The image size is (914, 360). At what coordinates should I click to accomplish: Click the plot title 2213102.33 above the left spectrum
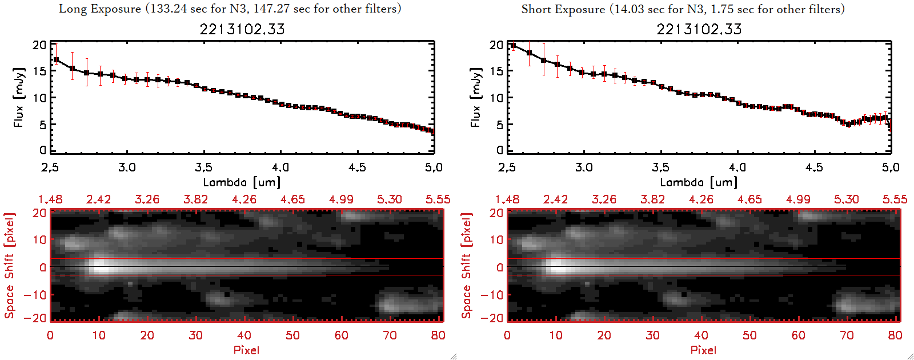click(x=242, y=29)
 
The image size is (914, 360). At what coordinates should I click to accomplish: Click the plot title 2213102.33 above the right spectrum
click(x=699, y=29)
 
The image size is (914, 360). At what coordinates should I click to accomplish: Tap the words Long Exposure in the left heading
click(x=100, y=9)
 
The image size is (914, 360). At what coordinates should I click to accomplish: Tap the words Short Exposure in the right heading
click(x=563, y=9)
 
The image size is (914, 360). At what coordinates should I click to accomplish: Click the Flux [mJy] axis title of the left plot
click(x=19, y=97)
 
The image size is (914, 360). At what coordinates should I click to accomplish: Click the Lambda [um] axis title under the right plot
click(x=699, y=182)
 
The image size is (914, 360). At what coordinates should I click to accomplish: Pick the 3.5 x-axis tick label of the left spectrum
click(x=203, y=167)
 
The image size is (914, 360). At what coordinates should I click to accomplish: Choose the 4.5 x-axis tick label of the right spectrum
click(x=814, y=167)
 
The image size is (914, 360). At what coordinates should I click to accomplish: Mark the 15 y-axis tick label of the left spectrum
click(x=39, y=71)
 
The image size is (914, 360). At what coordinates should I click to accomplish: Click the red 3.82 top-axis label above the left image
click(x=195, y=199)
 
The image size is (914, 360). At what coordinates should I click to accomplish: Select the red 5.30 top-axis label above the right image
click(x=846, y=199)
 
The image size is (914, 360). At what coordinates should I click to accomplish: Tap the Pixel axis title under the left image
click(x=246, y=350)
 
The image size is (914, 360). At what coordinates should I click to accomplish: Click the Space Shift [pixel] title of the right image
click(x=467, y=266)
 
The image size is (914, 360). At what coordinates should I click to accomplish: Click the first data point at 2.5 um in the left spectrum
click(x=55, y=59)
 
